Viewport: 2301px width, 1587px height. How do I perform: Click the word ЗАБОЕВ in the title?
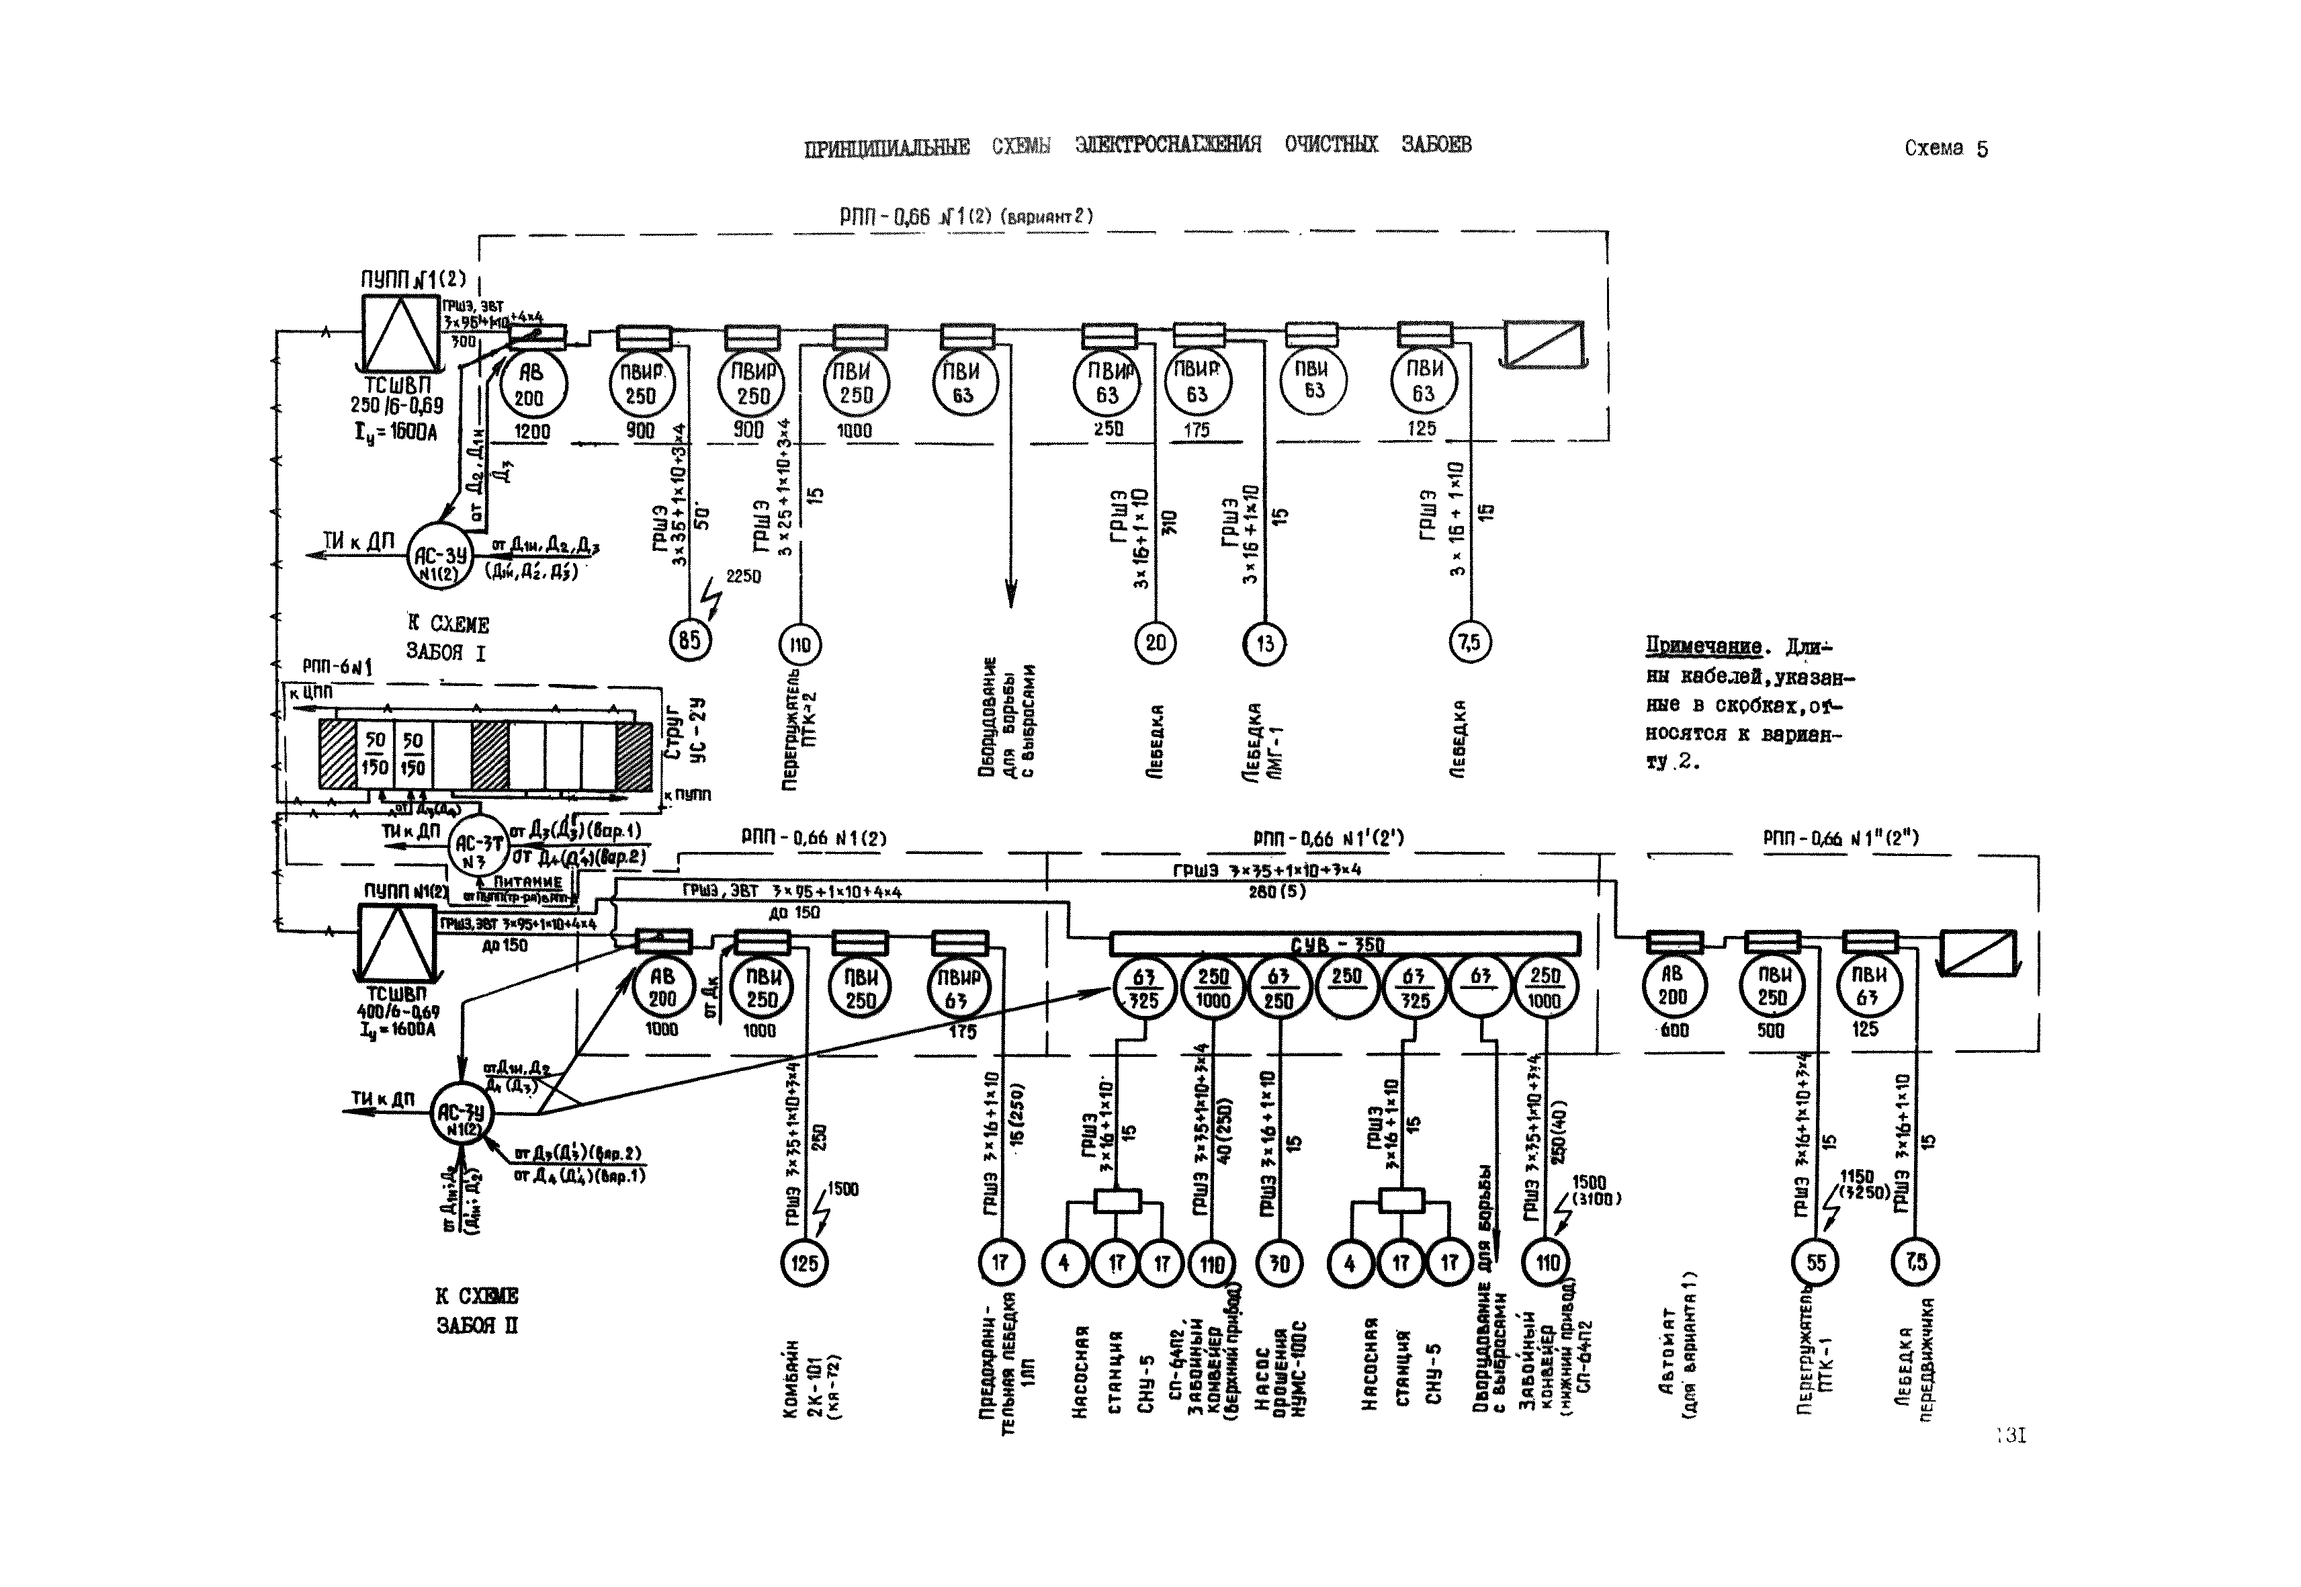tap(1436, 144)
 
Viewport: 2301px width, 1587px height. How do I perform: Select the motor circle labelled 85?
tap(689, 640)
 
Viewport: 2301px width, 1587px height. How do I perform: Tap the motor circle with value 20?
tap(1154, 642)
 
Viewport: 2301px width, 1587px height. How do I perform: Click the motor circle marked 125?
tap(804, 1263)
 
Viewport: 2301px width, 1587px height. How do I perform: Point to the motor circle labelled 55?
tap(1816, 1263)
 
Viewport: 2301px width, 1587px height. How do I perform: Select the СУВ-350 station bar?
tap(1344, 943)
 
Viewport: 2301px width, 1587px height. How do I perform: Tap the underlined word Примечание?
tap(1702, 647)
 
